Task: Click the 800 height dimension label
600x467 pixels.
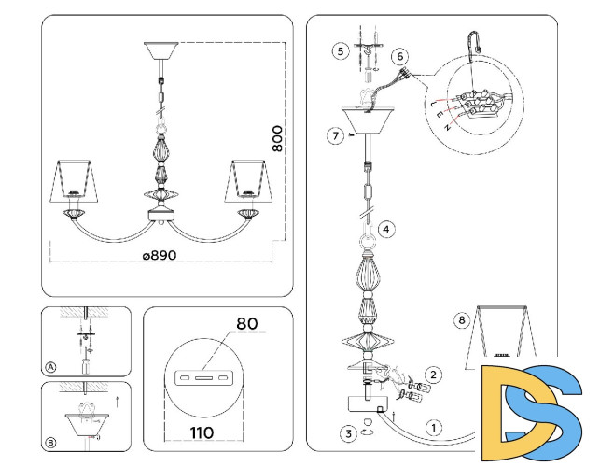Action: coord(277,138)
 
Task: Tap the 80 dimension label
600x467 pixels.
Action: coord(246,324)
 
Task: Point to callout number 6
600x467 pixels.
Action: coord(400,57)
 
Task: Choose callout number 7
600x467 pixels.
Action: coord(334,135)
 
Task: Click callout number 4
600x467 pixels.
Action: coord(386,228)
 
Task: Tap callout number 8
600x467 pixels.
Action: coord(460,320)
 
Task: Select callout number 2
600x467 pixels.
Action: coord(432,375)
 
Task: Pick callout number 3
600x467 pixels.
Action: coord(345,432)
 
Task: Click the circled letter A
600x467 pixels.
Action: coord(50,367)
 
